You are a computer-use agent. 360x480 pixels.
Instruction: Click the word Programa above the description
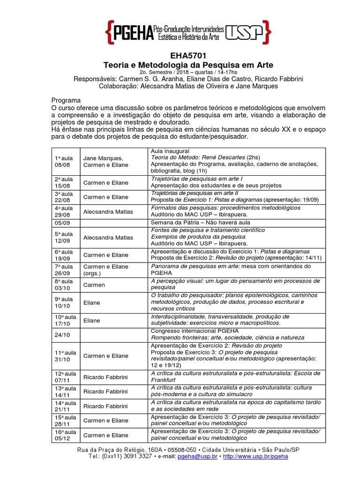pos(66,101)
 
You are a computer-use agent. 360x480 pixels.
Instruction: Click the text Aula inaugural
pos(170,151)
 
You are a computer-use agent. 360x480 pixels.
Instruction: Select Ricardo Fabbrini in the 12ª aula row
pos(105,376)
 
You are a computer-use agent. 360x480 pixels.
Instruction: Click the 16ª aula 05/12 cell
pos(64,435)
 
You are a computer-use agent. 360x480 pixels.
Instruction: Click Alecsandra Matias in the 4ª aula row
pos(107,211)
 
